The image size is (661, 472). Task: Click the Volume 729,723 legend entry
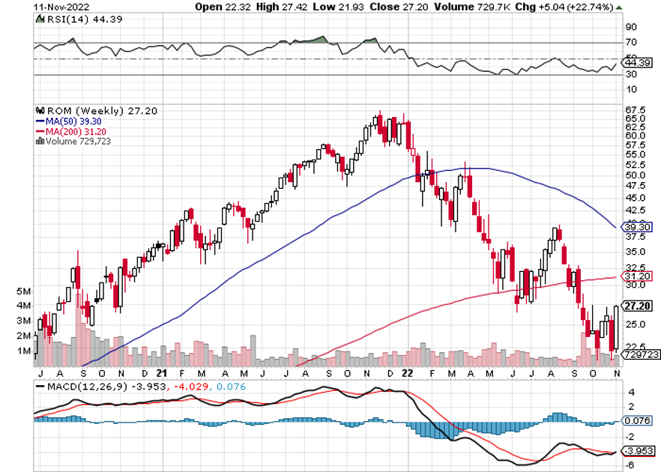[x=73, y=140]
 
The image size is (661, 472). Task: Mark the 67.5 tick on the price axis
[x=636, y=110]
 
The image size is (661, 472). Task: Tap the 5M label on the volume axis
[x=22, y=291]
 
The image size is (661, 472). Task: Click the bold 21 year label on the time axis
[x=161, y=372]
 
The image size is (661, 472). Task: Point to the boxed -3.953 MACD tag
[x=638, y=451]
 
